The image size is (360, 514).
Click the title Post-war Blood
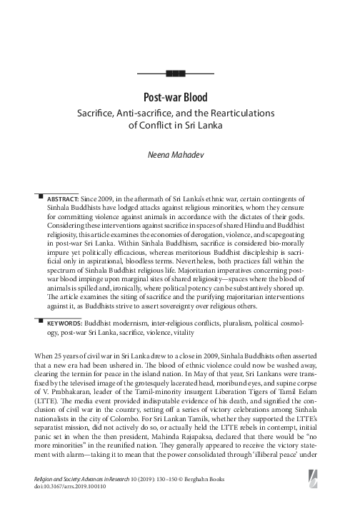pyautogui.click(x=175, y=97)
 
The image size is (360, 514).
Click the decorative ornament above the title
pyautogui.click(x=175, y=73)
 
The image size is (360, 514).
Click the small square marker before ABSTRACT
pyautogui.click(x=41, y=193)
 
